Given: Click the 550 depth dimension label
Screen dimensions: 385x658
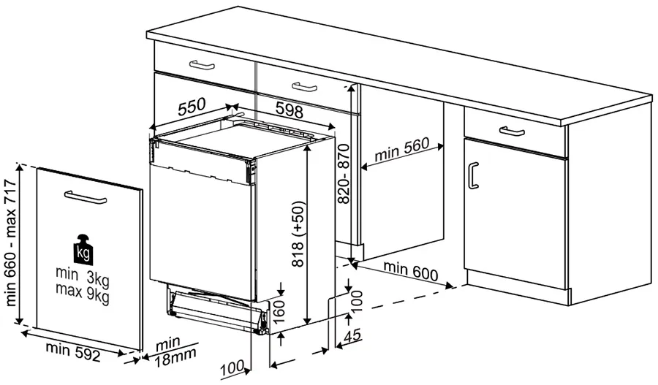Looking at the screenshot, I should point(192,107).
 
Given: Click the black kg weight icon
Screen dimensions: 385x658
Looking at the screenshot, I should point(85,250).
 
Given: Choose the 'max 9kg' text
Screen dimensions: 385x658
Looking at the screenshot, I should point(83,295).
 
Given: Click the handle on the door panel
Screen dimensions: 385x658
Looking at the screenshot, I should point(86,197).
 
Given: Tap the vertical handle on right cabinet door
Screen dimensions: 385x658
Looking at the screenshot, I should point(474,176).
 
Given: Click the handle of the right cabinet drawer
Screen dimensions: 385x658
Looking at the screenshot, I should point(512,131).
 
